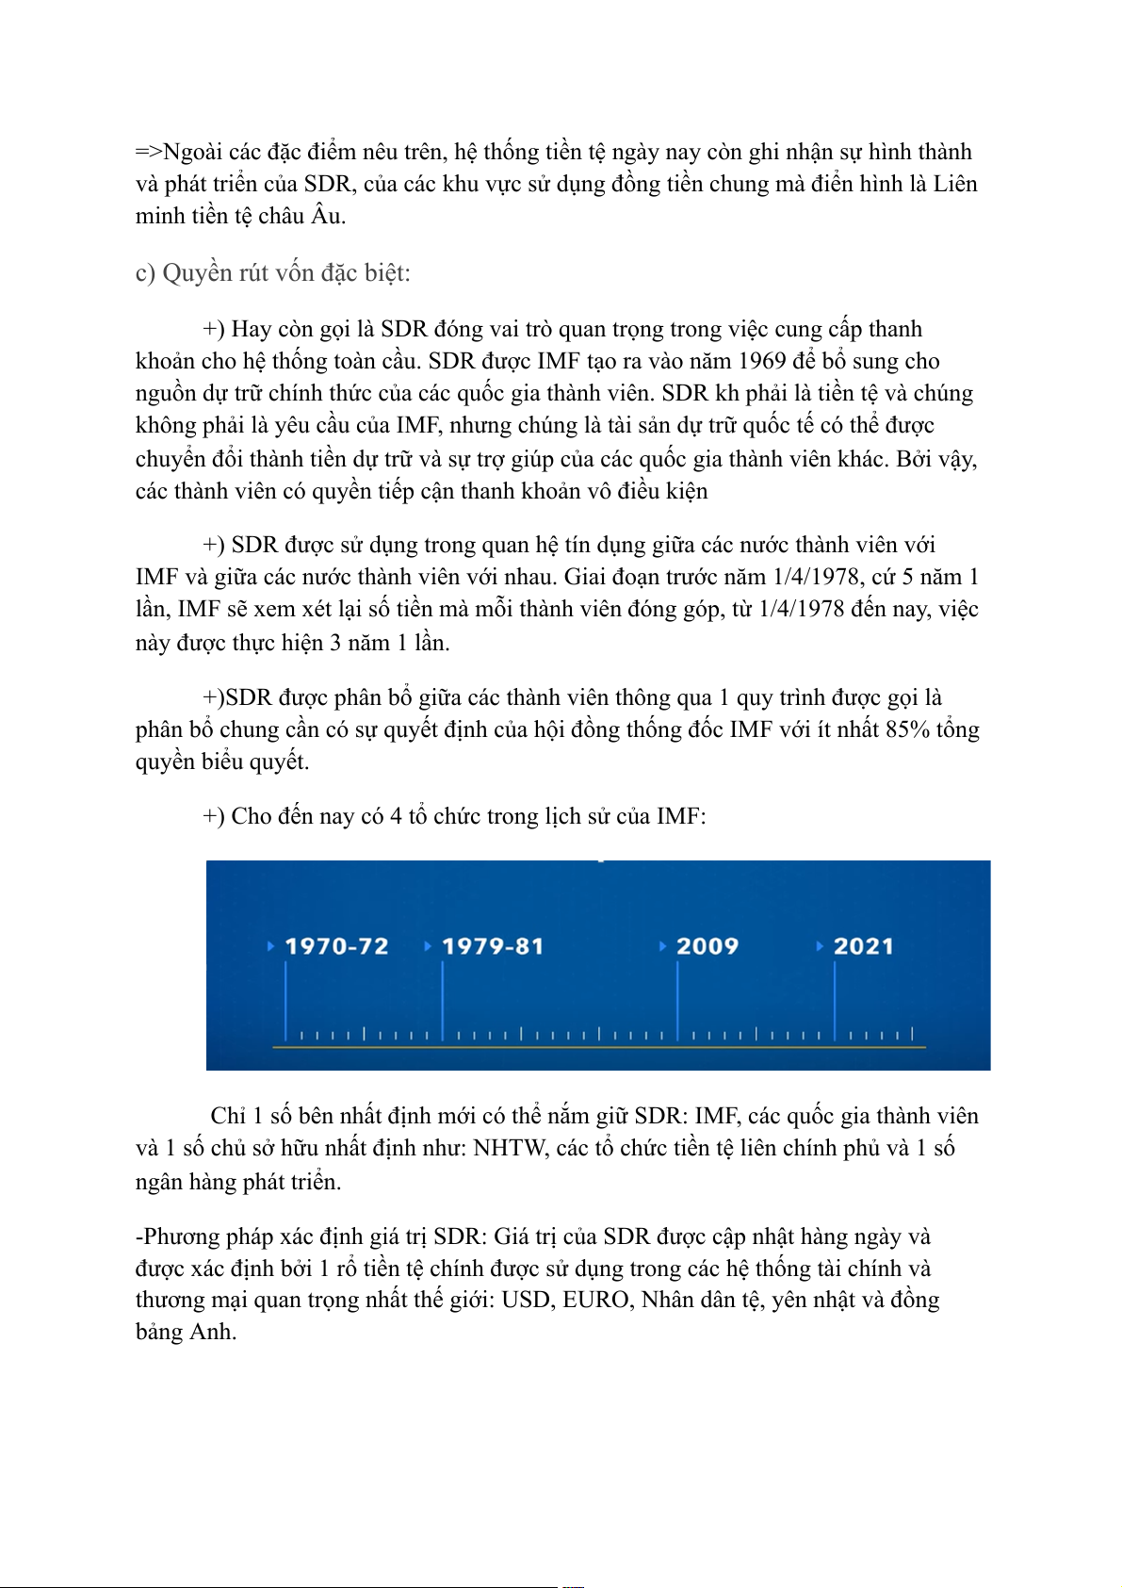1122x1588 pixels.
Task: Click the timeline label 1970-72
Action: [336, 946]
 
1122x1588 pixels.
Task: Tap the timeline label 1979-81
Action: [493, 946]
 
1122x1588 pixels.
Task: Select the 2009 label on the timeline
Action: [707, 946]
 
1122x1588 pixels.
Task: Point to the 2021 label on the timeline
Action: [863, 946]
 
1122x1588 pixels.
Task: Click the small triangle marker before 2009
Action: [663, 946]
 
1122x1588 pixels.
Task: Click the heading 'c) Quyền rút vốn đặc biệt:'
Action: [273, 273]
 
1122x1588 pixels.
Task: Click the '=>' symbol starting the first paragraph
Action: [148, 153]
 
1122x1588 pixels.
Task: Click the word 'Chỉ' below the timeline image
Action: [227, 1117]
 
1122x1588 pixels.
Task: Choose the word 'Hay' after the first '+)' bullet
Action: [251, 330]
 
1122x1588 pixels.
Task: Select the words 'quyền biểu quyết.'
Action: [222, 761]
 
